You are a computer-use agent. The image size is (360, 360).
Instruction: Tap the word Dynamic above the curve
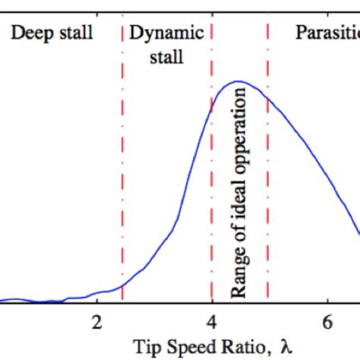click(x=166, y=33)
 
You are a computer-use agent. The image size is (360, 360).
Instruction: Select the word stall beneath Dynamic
click(x=166, y=57)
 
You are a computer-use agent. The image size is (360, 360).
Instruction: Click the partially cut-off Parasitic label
click(x=327, y=34)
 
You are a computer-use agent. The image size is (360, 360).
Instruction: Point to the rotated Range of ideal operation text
click(x=239, y=192)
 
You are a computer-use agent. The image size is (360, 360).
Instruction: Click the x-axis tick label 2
click(x=96, y=319)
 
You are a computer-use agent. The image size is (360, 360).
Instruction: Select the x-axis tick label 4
click(x=212, y=319)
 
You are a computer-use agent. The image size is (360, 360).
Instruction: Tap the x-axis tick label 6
click(x=327, y=319)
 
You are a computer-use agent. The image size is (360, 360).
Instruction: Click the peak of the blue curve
click(x=238, y=81)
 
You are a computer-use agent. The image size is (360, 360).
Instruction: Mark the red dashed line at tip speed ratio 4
click(x=212, y=190)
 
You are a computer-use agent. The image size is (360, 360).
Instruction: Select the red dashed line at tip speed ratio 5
click(x=267, y=190)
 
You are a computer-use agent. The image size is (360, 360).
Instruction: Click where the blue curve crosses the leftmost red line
click(x=122, y=286)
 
